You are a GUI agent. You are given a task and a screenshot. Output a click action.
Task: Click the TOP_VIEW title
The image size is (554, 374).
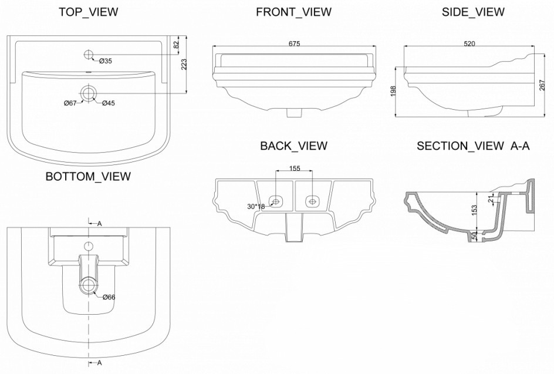click(x=88, y=12)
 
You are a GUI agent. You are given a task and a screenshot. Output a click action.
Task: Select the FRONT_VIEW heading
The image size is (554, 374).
click(x=293, y=12)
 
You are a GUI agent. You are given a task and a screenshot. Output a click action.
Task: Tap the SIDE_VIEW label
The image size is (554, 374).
click(x=472, y=12)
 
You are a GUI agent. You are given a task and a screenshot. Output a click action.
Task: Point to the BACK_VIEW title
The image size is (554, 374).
click(x=293, y=146)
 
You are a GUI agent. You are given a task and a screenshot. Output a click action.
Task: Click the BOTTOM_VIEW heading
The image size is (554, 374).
click(x=88, y=176)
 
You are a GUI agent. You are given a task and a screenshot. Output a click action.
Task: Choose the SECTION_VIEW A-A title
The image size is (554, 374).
click(x=473, y=146)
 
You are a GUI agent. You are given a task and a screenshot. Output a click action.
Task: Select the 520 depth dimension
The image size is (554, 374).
click(x=469, y=43)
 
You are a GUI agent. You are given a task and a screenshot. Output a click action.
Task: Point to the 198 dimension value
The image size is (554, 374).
click(x=393, y=91)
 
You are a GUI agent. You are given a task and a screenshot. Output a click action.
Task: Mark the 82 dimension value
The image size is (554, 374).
click(x=175, y=45)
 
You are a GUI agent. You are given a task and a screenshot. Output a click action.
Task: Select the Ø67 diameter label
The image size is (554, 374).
click(x=71, y=103)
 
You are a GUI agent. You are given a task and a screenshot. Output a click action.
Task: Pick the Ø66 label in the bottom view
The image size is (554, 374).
click(x=109, y=297)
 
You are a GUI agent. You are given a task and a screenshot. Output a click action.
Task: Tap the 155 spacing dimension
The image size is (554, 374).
click(x=294, y=169)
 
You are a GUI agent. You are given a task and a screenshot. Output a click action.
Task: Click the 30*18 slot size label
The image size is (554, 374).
click(x=256, y=207)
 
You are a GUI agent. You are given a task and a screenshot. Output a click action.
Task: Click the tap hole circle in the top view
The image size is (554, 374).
click(x=89, y=55)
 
